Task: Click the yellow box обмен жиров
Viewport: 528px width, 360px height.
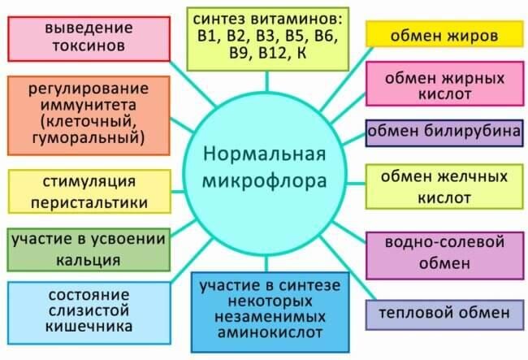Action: coord(444,35)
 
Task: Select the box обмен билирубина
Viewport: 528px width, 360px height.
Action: coord(444,132)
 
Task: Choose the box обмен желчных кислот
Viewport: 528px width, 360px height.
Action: coord(444,187)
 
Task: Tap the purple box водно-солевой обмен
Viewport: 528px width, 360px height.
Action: coord(444,253)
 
